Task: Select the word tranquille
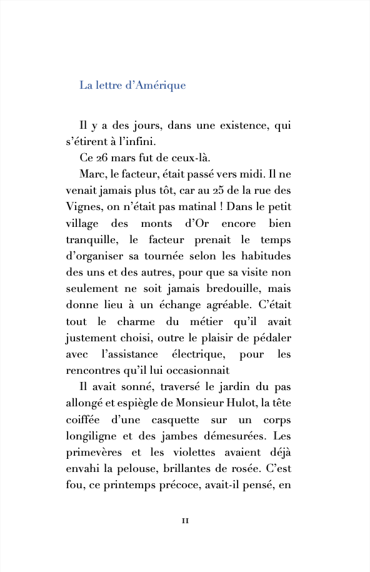[x=93, y=239]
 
